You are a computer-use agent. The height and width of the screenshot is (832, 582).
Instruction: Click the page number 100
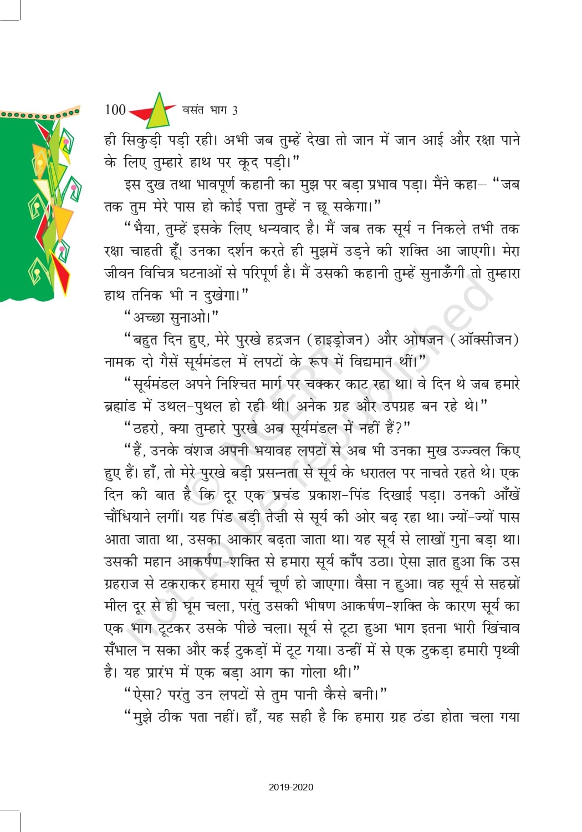115,110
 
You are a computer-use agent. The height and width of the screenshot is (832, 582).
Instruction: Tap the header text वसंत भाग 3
210,110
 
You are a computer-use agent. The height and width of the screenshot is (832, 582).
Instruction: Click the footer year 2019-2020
291,787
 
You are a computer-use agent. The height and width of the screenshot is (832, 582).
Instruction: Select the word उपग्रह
392,406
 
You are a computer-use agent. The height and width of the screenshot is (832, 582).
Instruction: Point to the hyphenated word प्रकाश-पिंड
339,495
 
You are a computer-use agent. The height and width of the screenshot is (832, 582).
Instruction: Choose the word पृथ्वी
506,651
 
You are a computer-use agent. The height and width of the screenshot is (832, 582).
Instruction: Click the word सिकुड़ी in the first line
145,140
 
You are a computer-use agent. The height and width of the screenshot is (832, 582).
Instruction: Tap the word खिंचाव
501,628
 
